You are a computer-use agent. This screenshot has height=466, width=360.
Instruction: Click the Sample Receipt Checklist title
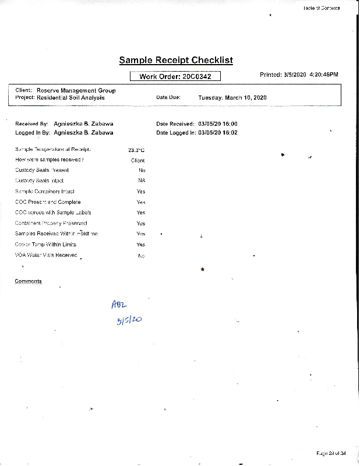[x=176, y=60]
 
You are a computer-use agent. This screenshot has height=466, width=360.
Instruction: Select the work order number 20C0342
[x=196, y=76]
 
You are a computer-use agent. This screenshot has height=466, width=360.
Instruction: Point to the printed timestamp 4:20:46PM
[x=324, y=75]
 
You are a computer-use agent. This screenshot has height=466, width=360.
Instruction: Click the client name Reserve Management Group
[x=76, y=91]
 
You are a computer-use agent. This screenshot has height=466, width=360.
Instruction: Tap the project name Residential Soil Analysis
[x=70, y=98]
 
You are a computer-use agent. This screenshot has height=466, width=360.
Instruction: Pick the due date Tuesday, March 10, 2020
[x=232, y=98]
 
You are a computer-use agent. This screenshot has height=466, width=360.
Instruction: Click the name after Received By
[x=82, y=124]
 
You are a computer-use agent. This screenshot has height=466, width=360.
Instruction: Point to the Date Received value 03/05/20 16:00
[x=218, y=124]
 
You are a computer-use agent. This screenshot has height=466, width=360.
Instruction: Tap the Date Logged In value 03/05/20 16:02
[x=218, y=133]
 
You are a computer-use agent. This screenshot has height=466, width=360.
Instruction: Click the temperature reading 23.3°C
[x=136, y=150]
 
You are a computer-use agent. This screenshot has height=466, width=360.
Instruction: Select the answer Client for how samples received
[x=137, y=160]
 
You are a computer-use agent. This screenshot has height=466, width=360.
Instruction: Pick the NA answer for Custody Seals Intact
[x=141, y=181]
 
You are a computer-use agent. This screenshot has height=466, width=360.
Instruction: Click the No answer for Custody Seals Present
[x=142, y=170]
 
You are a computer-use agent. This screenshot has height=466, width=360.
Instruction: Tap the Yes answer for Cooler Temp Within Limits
[x=141, y=245]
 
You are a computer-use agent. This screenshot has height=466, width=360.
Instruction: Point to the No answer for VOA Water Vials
[x=142, y=256]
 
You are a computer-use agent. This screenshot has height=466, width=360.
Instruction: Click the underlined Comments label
[x=28, y=281]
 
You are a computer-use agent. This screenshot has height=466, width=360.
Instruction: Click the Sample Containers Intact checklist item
[x=45, y=191]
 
